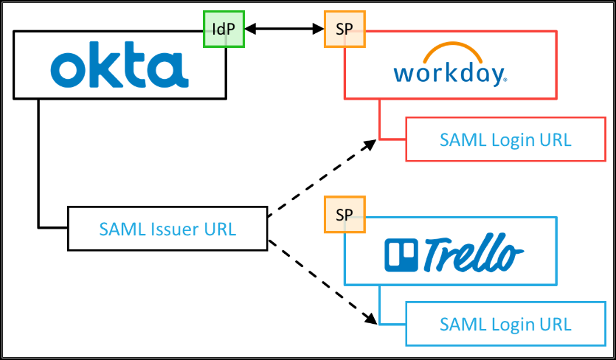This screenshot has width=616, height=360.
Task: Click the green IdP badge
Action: [224, 29]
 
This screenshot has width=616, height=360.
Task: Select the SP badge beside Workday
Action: [345, 29]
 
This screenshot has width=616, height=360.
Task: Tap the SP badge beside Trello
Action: [345, 215]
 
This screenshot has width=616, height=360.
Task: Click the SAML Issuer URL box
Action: [167, 229]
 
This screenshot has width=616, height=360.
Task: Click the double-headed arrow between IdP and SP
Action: [285, 29]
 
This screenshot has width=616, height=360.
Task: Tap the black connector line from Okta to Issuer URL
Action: [38, 162]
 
